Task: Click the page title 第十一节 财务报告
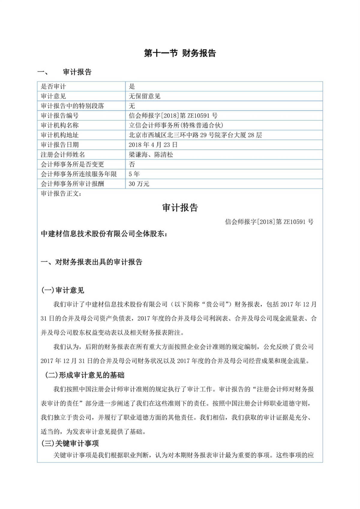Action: (180, 53)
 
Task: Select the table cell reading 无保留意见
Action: (145, 96)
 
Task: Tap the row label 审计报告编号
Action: (60, 116)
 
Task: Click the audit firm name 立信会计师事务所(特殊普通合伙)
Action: (176, 125)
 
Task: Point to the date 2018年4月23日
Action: (153, 145)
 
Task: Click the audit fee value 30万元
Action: (139, 184)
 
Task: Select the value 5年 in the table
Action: (134, 174)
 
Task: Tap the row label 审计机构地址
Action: (60, 135)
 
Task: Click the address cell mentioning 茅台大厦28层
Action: (195, 135)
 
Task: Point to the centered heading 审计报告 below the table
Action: (180, 208)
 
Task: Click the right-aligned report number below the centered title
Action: (269, 222)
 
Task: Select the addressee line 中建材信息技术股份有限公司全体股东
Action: (104, 234)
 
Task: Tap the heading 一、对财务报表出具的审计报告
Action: (91, 262)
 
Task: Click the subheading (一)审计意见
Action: (63, 290)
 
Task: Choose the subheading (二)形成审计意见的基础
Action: (84, 375)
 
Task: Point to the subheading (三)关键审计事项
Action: (70, 443)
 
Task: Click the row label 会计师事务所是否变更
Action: (72, 164)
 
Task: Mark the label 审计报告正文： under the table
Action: (61, 194)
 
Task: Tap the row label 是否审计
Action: (53, 87)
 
